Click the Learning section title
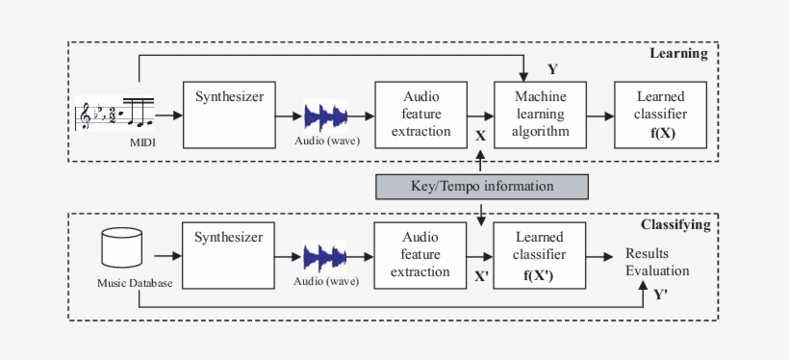(678, 54)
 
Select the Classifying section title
(674, 224)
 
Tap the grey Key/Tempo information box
(480, 186)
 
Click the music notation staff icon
(113, 115)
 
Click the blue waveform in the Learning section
(326, 116)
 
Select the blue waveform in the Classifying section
(326, 257)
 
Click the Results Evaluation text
(657, 262)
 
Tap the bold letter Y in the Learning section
(551, 69)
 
